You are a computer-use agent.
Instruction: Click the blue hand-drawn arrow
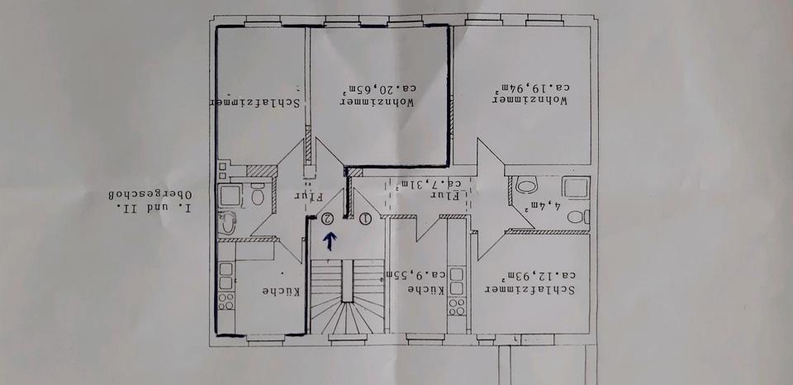coord(330,241)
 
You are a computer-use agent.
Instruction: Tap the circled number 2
coord(328,219)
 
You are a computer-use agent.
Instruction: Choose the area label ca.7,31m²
coord(428,183)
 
